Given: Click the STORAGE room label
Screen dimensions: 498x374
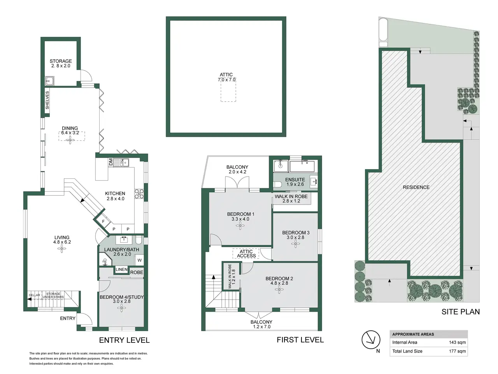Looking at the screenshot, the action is [61, 61].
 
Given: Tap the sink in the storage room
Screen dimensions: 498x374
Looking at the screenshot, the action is [49, 81].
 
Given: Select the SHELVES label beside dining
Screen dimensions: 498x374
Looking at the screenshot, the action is [47, 100].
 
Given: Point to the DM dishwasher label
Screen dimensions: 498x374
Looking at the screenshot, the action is [111, 162].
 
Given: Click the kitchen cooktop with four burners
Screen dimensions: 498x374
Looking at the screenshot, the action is [139, 194].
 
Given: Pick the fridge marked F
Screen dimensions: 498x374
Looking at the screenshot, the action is [103, 221].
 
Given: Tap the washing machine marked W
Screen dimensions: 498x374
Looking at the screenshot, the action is [140, 260].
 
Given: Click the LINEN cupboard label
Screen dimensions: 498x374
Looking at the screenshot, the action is [121, 270].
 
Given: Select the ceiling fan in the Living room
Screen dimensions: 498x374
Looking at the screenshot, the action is [61, 249].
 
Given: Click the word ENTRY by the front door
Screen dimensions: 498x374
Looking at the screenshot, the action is [68, 318].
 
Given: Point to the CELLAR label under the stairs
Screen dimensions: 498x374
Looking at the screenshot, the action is [34, 295].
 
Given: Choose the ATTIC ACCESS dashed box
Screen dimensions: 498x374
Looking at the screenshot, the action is [246, 254].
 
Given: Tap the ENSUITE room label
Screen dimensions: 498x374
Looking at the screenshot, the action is [295, 180].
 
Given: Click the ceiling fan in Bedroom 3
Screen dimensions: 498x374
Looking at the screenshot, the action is [295, 244].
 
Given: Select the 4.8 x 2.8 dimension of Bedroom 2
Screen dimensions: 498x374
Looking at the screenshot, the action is [279, 283].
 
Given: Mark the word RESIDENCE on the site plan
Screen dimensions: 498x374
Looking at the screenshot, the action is [416, 187].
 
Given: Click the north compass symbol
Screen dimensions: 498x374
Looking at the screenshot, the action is [371, 340].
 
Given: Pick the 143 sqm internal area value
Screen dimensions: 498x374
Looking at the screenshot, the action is [457, 342].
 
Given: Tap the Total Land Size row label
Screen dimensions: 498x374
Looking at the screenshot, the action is [407, 351].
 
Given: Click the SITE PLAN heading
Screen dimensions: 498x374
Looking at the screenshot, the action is [461, 312].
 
